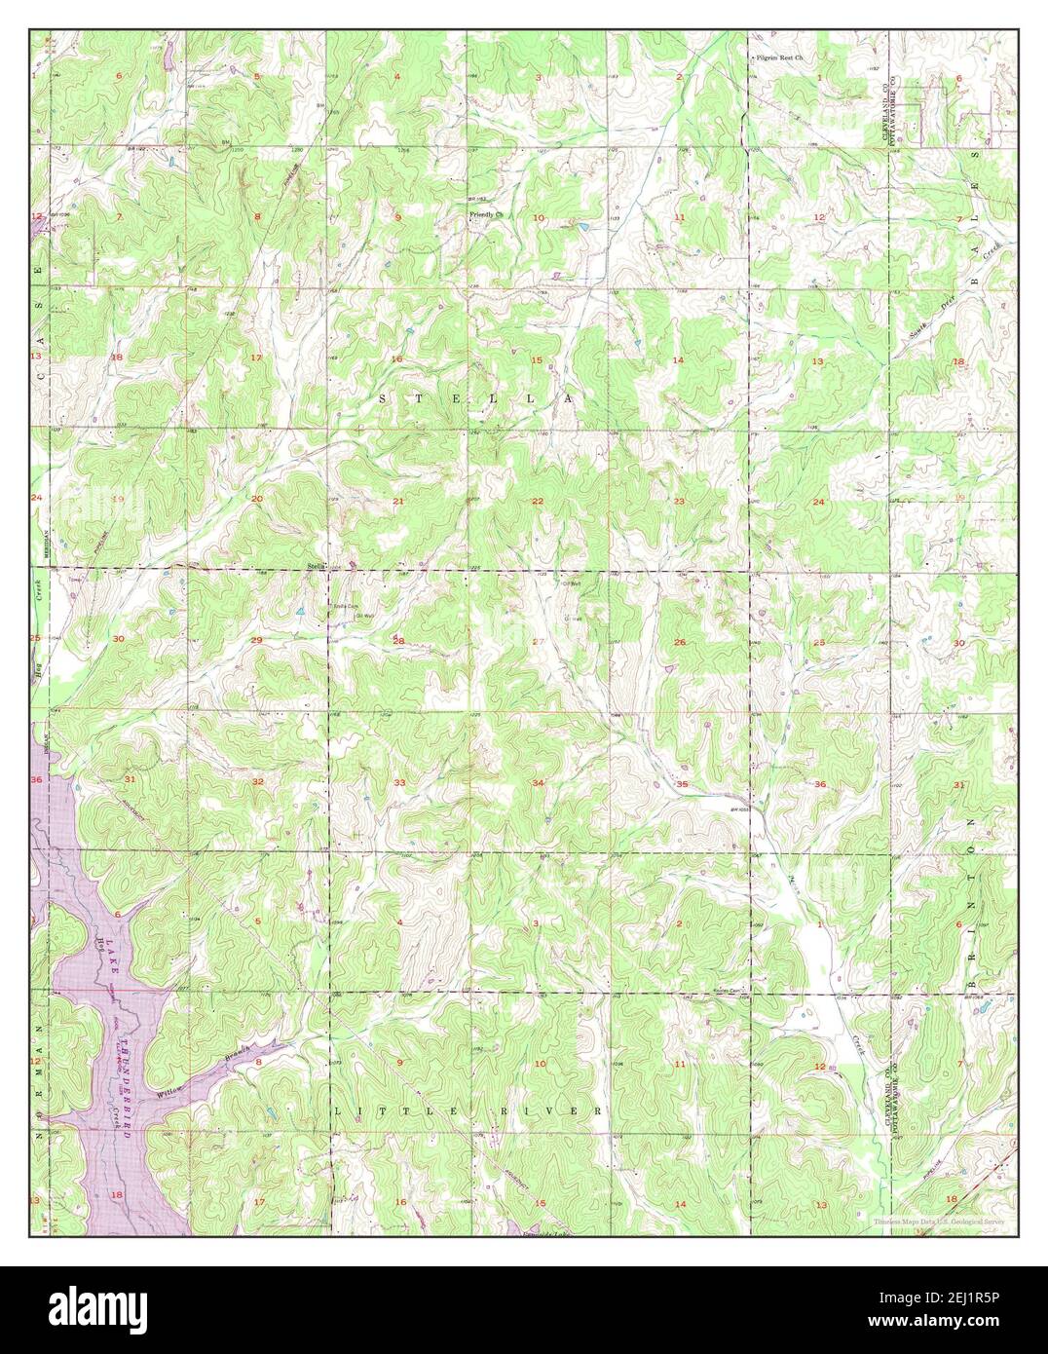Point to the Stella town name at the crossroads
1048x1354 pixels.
[x=315, y=565]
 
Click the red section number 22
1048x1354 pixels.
[x=538, y=501]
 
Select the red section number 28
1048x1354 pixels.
[x=397, y=641]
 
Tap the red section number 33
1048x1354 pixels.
[x=399, y=783]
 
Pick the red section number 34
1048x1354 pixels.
[x=538, y=783]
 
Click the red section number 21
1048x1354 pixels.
[x=397, y=501]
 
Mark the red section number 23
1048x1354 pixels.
[x=679, y=501]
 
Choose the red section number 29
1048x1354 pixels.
[x=257, y=640]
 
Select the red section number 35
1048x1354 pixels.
[x=683, y=784]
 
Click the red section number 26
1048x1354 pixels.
[x=679, y=642]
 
